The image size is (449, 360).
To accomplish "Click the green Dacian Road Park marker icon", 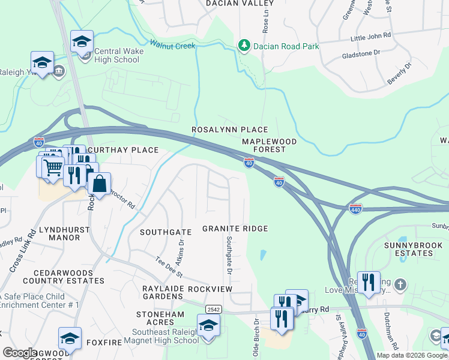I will click(244, 46).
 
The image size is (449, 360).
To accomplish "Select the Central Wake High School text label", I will click(119, 55).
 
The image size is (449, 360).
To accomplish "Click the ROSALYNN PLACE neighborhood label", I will click(229, 130).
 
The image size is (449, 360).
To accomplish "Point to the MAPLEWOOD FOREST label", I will click(269, 145).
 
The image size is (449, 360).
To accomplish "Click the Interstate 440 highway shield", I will click(355, 208).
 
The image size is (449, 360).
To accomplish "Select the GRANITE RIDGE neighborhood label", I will click(234, 229).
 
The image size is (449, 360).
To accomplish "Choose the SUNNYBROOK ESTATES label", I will click(408, 249).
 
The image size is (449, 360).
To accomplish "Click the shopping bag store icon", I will click(99, 184).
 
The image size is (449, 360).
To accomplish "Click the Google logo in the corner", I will click(19, 352).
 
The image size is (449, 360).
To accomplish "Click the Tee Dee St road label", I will click(169, 266).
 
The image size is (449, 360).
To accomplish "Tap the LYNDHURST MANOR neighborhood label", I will click(59, 233).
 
